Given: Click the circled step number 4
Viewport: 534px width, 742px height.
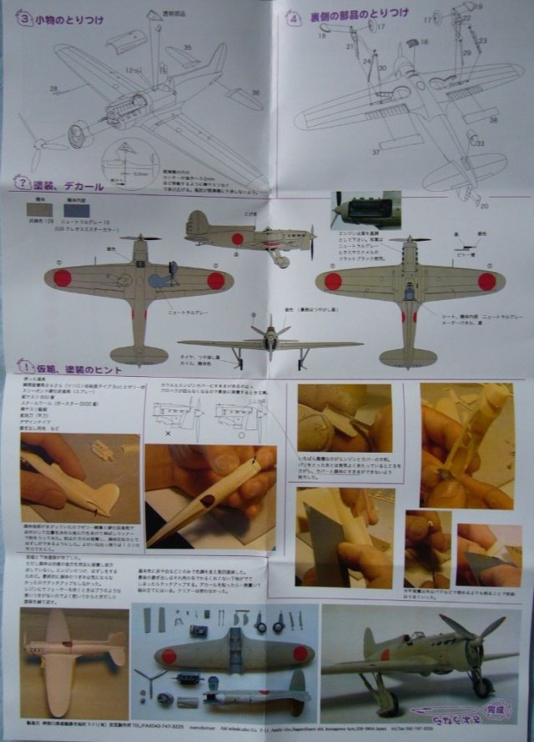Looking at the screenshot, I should click(x=294, y=17).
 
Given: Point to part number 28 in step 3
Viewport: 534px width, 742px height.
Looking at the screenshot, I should click(x=53, y=88).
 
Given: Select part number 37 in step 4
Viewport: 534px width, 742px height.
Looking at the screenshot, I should click(x=375, y=153).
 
